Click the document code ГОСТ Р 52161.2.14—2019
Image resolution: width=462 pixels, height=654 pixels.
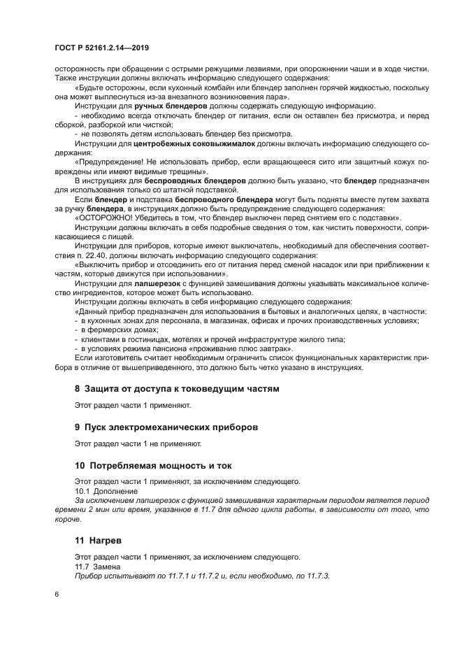[x=103, y=48]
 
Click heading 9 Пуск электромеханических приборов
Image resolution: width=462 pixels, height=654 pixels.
[x=166, y=426]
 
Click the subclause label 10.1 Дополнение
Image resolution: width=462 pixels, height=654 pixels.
[x=106, y=491]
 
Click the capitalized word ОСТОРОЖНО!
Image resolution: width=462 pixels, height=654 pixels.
[x=106, y=217]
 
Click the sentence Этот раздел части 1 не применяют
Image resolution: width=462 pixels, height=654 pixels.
[x=138, y=443]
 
